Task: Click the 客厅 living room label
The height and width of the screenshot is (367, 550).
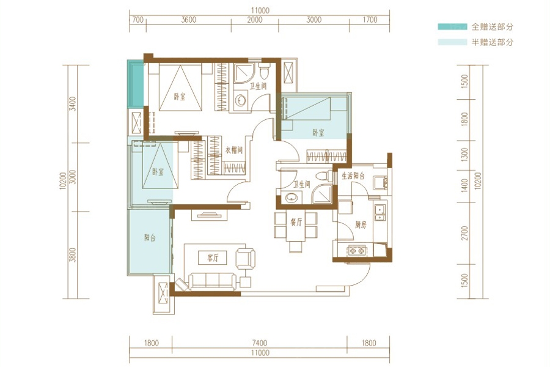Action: pyautogui.click(x=213, y=258)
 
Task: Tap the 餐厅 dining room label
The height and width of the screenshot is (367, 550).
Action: pyautogui.click(x=296, y=221)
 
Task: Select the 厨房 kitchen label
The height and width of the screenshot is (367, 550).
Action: pyautogui.click(x=360, y=224)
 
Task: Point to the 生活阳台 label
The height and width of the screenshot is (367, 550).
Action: pyautogui.click(x=353, y=176)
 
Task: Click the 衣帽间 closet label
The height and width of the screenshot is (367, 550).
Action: pyautogui.click(x=233, y=150)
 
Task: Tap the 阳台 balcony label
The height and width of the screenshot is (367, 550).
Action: pyautogui.click(x=150, y=238)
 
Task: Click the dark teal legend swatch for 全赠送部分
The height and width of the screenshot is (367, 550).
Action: pyautogui.click(x=452, y=26)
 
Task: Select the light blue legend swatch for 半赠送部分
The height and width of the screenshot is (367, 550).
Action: pyautogui.click(x=452, y=42)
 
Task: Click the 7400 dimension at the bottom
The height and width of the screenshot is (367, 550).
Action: pyautogui.click(x=259, y=343)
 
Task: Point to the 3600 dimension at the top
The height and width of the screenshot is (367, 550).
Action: pyautogui.click(x=189, y=20)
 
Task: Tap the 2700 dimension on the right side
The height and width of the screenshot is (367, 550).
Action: pyautogui.click(x=465, y=233)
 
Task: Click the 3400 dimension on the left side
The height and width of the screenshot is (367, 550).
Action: pyautogui.click(x=73, y=103)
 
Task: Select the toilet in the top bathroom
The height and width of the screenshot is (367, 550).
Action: pyautogui.click(x=264, y=72)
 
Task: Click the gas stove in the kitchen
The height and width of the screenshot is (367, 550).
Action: pyautogui.click(x=357, y=250)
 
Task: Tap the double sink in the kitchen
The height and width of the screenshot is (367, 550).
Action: pyautogui.click(x=380, y=212)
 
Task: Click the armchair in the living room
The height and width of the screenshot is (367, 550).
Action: pyautogui.click(x=245, y=259)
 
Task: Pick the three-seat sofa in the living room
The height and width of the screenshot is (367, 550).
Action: pyautogui.click(x=212, y=281)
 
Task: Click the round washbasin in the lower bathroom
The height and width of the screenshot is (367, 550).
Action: pyautogui.click(x=291, y=198)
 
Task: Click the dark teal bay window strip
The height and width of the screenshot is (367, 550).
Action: pyautogui.click(x=136, y=84)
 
